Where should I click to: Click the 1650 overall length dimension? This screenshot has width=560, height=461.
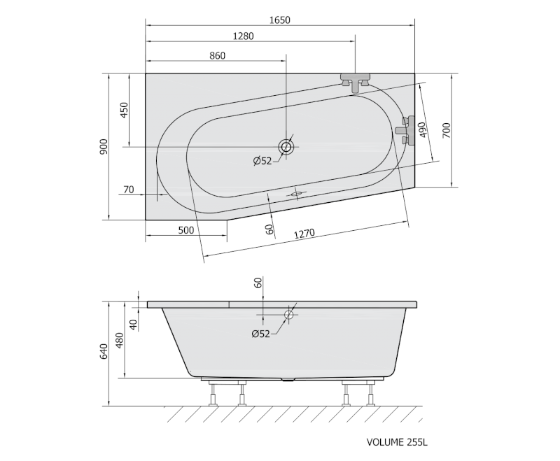coord(279,20)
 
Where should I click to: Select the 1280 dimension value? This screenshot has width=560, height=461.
coord(243,36)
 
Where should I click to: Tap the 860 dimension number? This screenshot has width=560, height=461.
coord(218,56)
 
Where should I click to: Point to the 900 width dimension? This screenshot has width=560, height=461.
coord(104,147)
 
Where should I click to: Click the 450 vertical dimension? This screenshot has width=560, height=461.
coord(124,111)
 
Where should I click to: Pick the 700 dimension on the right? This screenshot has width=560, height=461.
coord(447,130)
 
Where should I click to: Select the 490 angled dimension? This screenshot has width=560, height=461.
coord(422,131)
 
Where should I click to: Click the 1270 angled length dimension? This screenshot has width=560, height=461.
coord(304,234)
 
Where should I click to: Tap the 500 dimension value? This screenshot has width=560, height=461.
coord(186,230)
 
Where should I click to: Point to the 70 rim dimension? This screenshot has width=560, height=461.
coord(129,190)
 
